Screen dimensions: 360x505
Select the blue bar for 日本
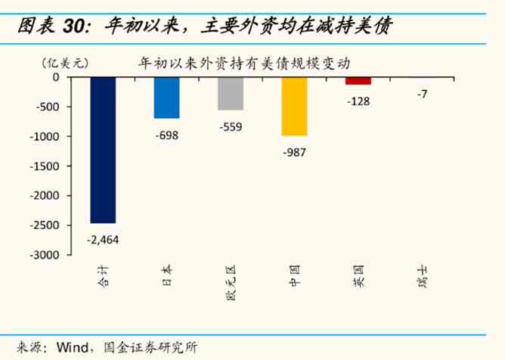(x=166, y=98)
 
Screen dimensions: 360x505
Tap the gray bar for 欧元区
(x=230, y=94)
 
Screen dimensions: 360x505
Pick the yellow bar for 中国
(x=294, y=107)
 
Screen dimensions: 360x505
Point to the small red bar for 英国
(x=358, y=81)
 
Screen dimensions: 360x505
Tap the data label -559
(x=230, y=126)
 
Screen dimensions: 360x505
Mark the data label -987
(x=294, y=152)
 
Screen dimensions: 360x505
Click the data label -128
(x=358, y=101)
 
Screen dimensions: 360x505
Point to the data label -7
(x=422, y=94)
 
